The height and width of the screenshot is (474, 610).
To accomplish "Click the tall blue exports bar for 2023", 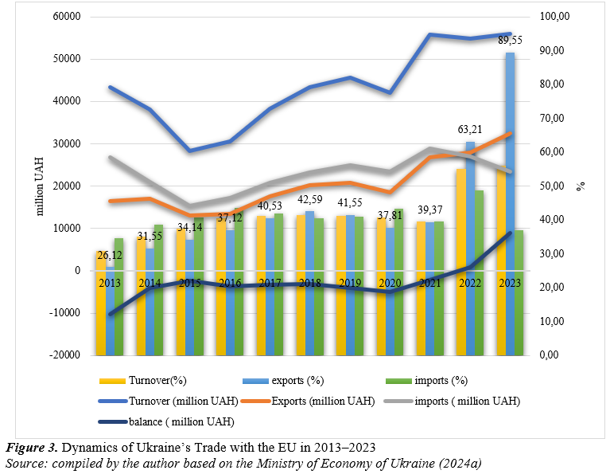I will pyautogui.click(x=510, y=199).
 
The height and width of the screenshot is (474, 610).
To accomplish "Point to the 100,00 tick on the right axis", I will pyautogui.click(x=557, y=17).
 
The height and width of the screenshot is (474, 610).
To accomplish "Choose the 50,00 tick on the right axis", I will pyautogui.click(x=554, y=186).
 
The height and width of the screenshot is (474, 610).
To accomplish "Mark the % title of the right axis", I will pyautogui.click(x=581, y=185).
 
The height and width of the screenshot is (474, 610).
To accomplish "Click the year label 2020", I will pyautogui.click(x=389, y=283).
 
